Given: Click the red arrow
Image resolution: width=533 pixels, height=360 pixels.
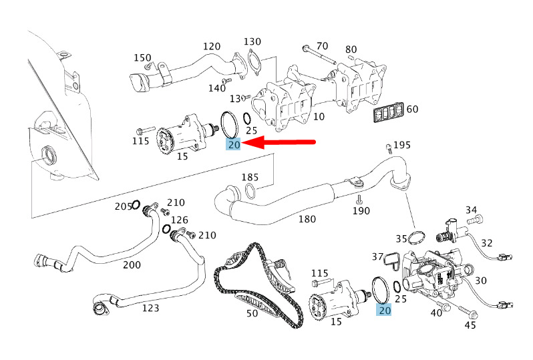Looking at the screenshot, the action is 279,143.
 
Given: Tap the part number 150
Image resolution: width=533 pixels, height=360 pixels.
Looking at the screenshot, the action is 142,58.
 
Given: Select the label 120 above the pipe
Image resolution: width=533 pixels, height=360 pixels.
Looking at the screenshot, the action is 212,46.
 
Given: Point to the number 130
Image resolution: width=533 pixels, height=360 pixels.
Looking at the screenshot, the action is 252,41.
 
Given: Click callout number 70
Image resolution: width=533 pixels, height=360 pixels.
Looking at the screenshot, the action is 322,46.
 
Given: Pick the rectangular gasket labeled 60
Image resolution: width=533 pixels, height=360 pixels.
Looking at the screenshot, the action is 388,112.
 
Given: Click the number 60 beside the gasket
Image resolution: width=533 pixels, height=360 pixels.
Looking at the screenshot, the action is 412,109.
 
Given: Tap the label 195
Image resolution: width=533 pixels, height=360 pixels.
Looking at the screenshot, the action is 402,145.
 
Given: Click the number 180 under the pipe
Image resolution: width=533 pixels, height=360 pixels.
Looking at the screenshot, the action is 307,219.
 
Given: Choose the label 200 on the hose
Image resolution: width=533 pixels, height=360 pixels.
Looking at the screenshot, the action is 132,264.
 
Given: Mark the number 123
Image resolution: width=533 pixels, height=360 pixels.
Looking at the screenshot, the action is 150,308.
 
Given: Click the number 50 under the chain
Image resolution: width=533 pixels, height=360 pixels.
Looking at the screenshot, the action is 252,313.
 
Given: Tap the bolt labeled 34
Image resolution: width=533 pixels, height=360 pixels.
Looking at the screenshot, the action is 475,220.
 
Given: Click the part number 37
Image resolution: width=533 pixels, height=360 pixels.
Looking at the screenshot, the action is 377,256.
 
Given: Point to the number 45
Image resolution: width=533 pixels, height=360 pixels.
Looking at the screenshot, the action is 470,325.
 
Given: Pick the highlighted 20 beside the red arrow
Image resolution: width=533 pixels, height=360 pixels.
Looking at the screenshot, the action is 234,145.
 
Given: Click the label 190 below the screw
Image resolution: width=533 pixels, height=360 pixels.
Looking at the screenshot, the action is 361,211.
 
